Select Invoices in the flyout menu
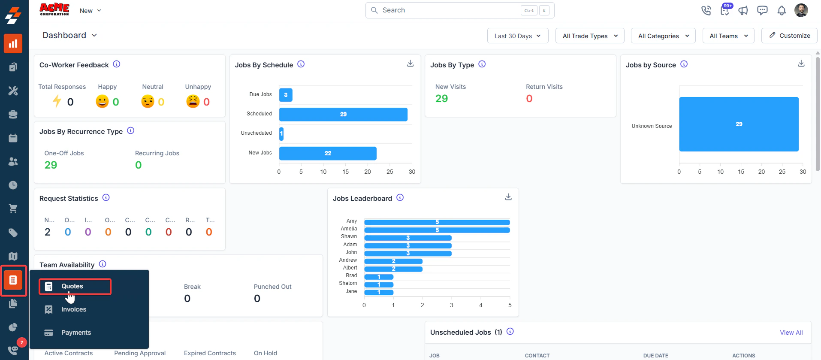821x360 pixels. pos(73,309)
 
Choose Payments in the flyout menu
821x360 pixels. pos(76,333)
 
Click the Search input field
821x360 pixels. pos(446,10)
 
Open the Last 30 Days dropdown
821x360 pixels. pos(517,36)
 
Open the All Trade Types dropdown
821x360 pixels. pos(590,36)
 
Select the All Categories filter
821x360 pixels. pos(663,36)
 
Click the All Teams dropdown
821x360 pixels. pos(728,36)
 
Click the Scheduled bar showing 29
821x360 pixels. pos(343,114)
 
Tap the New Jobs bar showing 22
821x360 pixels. pos(328,153)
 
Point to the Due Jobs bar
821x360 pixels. pos(286,95)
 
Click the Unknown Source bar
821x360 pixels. pos(739,124)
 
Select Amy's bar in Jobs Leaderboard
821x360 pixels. pos(437,222)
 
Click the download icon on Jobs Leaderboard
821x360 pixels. pos(508,197)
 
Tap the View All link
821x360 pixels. pos(791,333)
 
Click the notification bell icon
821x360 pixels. pos(782,11)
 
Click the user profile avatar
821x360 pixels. pos(801,10)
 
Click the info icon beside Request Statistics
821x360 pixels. pos(106,198)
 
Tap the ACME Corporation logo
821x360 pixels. pos(54,9)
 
